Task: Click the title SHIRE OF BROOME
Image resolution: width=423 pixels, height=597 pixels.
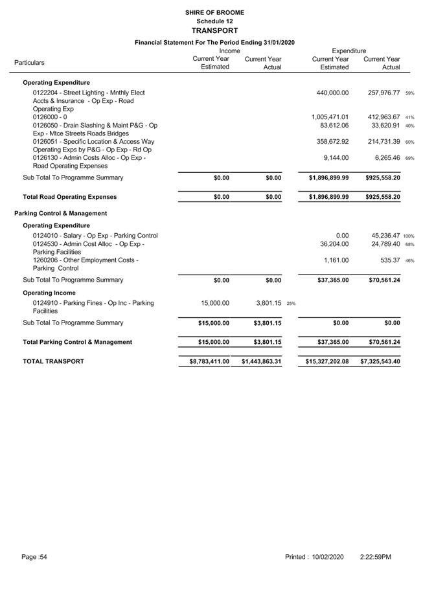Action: tap(214, 12)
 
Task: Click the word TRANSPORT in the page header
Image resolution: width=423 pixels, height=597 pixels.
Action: tap(214, 30)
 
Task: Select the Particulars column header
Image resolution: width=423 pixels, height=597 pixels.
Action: tap(29, 63)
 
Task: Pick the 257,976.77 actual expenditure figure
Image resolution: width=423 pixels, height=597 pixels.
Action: tap(383, 93)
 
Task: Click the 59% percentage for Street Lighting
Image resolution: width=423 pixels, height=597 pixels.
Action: tap(409, 93)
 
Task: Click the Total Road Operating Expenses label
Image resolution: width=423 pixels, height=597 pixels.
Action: tap(69, 197)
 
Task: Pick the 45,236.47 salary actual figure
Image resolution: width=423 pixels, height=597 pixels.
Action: tap(383, 236)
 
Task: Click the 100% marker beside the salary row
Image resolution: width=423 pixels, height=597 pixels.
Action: tap(409, 236)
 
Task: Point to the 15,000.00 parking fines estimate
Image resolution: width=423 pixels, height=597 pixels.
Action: tap(212, 302)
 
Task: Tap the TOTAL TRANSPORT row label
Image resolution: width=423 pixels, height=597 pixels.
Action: tap(53, 361)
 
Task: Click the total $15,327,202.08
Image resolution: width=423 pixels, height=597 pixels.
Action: tap(326, 361)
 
